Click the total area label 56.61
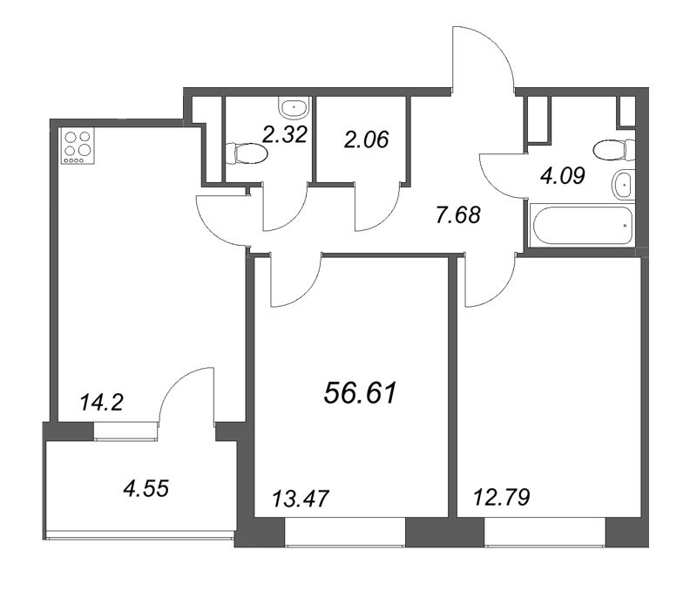coord(360,393)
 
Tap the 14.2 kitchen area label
coord(101,403)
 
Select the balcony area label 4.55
coord(146,489)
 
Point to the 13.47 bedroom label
coord(300,499)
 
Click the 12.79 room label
coord(501,497)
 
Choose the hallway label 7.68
coord(458,215)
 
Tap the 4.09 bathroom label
coord(562,176)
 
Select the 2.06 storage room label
coord(367,139)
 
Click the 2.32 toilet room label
coord(285,135)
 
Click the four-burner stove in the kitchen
coord(78,147)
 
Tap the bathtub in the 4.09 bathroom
coord(582,226)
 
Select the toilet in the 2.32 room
coord(246,153)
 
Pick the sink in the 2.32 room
coord(294,107)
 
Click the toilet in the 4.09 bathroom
coord(614,150)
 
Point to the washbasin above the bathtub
coord(624,185)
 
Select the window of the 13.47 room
coord(345,532)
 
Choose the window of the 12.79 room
coord(545,532)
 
